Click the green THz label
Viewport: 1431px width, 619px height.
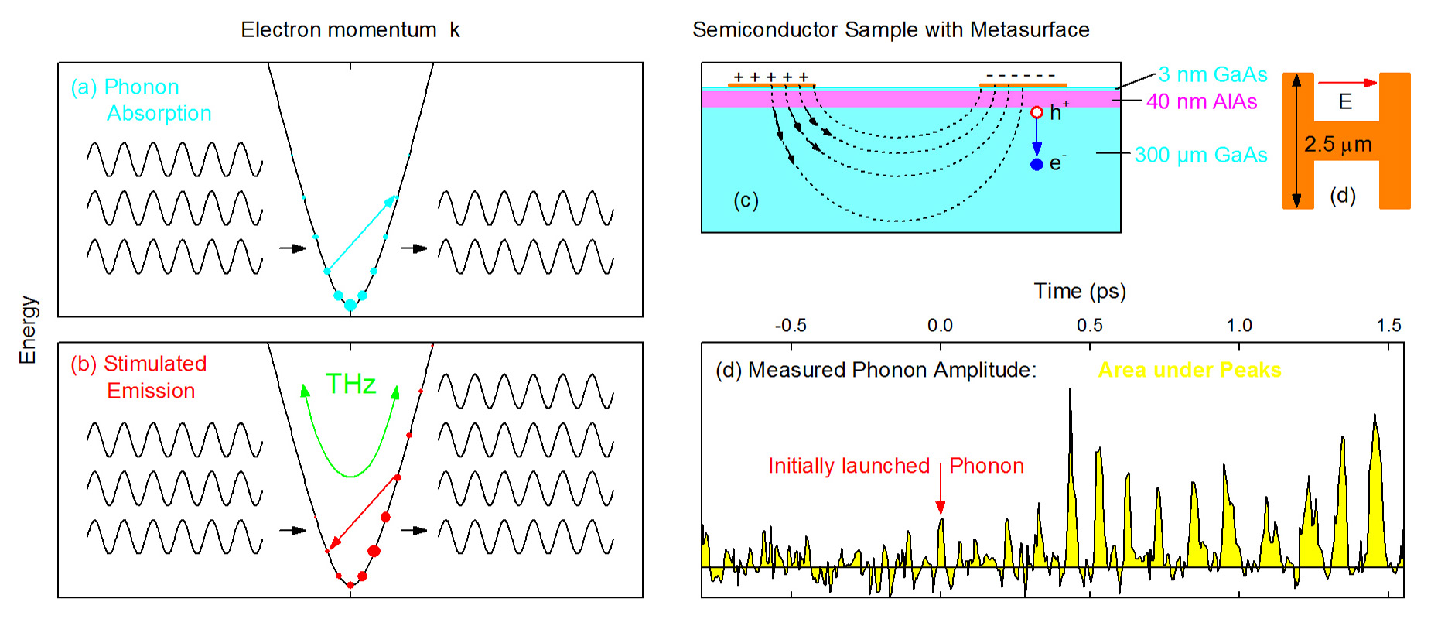[x=350, y=384]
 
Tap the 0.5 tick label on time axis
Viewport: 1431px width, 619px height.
[x=1089, y=325]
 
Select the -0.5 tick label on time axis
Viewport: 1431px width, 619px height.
[x=791, y=325]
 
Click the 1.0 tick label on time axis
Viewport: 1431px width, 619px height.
[x=1239, y=325]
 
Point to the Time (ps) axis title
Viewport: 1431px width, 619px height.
[x=1080, y=291]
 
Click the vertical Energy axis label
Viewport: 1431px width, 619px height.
[x=28, y=330]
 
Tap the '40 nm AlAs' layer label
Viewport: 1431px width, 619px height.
[x=1201, y=101]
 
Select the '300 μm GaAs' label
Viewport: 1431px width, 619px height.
[x=1200, y=155]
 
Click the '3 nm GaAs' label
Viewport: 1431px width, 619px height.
[x=1213, y=74]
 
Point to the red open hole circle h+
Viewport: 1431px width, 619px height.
[x=1037, y=113]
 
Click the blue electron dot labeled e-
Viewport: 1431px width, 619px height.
[x=1037, y=164]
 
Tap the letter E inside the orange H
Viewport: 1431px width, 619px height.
[x=1345, y=101]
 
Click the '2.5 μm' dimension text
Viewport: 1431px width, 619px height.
[x=1338, y=144]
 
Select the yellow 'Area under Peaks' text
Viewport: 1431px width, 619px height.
[x=1190, y=370]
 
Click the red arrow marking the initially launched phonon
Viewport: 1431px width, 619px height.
[x=941, y=487]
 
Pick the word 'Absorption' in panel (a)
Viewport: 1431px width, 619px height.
[x=159, y=113]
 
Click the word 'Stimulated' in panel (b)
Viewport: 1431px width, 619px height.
[x=155, y=364]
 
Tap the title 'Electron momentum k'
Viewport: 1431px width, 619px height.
[x=350, y=29]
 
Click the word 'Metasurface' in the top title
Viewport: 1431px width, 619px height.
[x=1030, y=29]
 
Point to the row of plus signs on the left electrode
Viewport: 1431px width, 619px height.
[x=771, y=77]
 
